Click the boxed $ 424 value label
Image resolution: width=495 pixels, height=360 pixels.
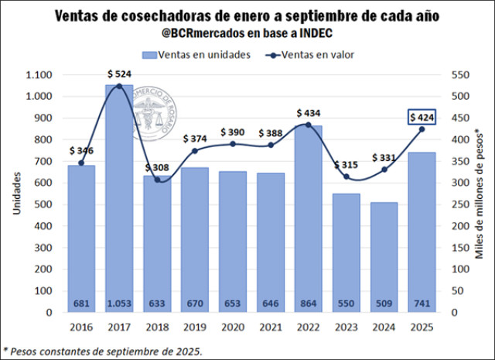(422, 117)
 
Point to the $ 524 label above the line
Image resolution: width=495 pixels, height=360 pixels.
(119, 74)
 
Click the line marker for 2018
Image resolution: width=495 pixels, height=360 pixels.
(157, 180)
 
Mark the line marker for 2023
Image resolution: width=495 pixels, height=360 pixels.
(346, 177)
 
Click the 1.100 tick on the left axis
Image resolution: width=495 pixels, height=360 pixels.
(37, 75)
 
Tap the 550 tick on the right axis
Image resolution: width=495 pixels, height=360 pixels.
(459, 75)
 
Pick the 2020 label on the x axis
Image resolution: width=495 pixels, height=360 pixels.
(233, 327)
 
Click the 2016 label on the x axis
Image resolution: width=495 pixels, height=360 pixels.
(81, 327)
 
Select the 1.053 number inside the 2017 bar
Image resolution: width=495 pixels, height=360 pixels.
(119, 303)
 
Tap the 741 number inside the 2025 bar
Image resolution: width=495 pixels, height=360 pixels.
(422, 303)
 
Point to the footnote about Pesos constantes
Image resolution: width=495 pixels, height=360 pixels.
(103, 351)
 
